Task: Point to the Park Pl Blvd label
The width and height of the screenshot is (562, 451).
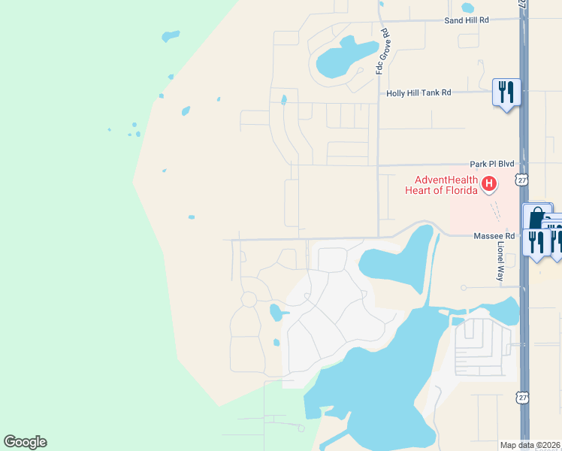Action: (491, 163)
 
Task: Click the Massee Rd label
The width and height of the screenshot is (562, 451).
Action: (494, 236)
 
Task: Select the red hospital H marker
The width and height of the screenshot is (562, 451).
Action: (489, 183)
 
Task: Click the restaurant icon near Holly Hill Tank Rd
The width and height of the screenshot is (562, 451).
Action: (506, 93)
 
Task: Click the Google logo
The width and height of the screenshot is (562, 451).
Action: (25, 442)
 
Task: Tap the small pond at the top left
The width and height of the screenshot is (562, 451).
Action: (171, 35)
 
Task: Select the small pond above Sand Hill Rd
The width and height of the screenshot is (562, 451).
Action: (468, 8)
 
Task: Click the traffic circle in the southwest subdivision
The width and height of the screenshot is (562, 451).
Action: (248, 299)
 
